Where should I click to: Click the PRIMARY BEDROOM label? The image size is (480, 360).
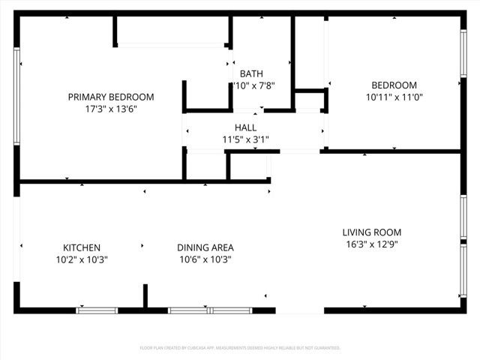pyautogui.click(x=111, y=97)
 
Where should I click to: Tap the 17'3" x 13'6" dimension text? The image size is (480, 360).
pyautogui.click(x=111, y=109)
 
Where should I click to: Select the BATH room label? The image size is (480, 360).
pyautogui.click(x=251, y=73)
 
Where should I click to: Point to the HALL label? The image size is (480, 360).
pyautogui.click(x=245, y=127)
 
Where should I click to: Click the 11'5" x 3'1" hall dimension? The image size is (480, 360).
pyautogui.click(x=245, y=139)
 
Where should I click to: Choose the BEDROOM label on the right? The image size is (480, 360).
pyautogui.click(x=391, y=85)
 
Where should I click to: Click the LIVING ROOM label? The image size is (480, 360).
pyautogui.click(x=372, y=232)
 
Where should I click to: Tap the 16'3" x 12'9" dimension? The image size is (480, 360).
pyautogui.click(x=372, y=244)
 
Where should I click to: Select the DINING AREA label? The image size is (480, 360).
pyautogui.click(x=205, y=247)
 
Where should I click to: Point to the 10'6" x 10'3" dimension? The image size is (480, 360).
pyautogui.click(x=205, y=259)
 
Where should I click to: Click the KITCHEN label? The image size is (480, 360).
pyautogui.click(x=82, y=247)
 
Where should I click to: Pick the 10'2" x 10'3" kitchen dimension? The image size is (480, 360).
pyautogui.click(x=82, y=259)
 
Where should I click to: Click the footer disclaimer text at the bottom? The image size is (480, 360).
pyautogui.click(x=240, y=348)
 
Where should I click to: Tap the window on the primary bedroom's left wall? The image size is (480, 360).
pyautogui.click(x=16, y=96)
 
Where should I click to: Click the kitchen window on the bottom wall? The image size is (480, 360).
pyautogui.click(x=97, y=310)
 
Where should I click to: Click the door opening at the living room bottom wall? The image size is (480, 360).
pyautogui.click(x=299, y=310)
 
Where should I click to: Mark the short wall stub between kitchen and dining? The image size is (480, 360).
pyautogui.click(x=145, y=295)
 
